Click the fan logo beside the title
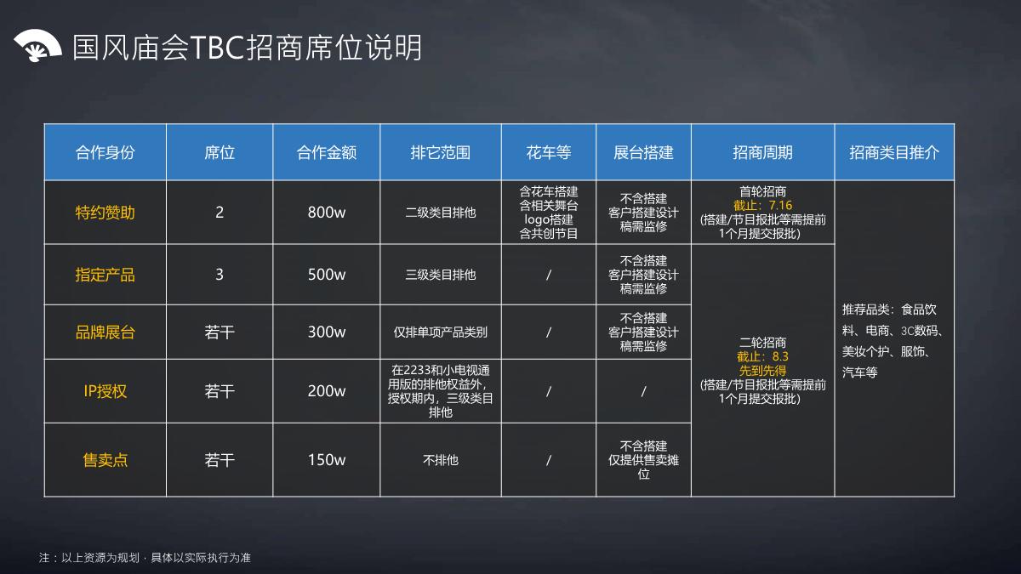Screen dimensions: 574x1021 pos(37,47)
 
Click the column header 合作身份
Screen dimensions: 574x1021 pos(106,152)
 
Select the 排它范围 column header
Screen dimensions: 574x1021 pos(440,152)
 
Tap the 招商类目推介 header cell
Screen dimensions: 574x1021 pos(894,152)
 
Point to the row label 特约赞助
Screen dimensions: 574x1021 pos(106,213)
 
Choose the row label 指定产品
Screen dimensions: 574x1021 pos(106,275)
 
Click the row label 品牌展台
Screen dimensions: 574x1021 pos(106,332)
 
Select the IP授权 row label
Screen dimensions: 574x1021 pos(106,391)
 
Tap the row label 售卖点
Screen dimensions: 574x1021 pos(106,460)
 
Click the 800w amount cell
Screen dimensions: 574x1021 pos(327,213)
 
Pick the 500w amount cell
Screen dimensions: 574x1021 pos(327,275)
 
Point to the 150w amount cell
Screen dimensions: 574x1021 pos(327,460)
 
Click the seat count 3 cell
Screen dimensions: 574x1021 pos(220,275)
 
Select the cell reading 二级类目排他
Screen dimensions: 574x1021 pos(440,213)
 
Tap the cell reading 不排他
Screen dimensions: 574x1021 pos(440,460)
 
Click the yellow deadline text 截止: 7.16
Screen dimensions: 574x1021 pos(762,206)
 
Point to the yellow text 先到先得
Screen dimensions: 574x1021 pos(762,371)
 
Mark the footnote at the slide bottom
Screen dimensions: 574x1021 pos(145,558)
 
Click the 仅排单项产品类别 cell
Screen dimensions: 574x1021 pos(440,332)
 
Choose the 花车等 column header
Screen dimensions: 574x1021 pos(549,152)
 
